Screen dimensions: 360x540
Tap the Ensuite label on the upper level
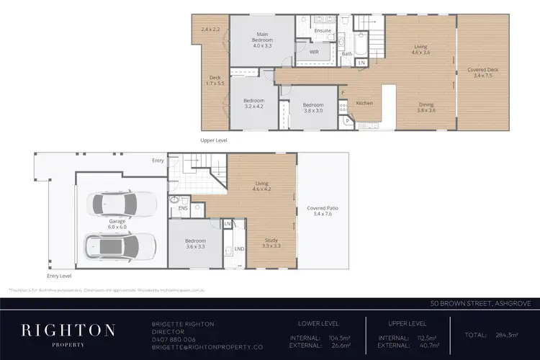(323, 31)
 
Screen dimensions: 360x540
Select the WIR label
(314, 52)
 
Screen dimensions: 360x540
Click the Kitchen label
(364, 103)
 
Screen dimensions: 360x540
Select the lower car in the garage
(121, 246)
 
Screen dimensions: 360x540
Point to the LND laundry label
(239, 248)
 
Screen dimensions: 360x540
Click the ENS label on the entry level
(183, 207)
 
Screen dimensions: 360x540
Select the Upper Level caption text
(213, 140)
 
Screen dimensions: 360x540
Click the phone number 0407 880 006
(174, 339)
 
